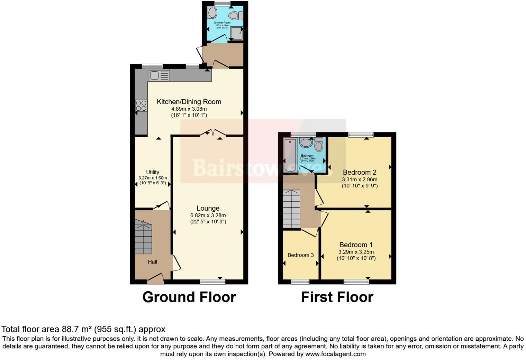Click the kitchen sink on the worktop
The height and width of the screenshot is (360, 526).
coord(159,75)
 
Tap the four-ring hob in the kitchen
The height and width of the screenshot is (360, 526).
coord(141,105)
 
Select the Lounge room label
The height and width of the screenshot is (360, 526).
coord(208,208)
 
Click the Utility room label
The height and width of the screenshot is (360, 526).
coord(153,172)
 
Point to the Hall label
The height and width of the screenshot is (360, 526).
coord(153,262)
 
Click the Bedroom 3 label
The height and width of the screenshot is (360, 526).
coord(301,255)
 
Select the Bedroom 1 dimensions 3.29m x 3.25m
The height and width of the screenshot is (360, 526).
coord(356,252)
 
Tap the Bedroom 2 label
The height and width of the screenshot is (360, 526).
coord(360,172)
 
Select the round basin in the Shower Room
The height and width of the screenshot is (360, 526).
coord(212,13)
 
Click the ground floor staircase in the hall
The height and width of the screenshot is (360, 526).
coord(143,239)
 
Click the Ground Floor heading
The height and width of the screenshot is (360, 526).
coord(189,297)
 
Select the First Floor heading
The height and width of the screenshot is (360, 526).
coord(337,297)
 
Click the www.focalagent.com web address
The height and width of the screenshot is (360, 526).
coord(335,354)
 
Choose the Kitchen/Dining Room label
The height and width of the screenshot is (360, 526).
coord(189,102)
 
